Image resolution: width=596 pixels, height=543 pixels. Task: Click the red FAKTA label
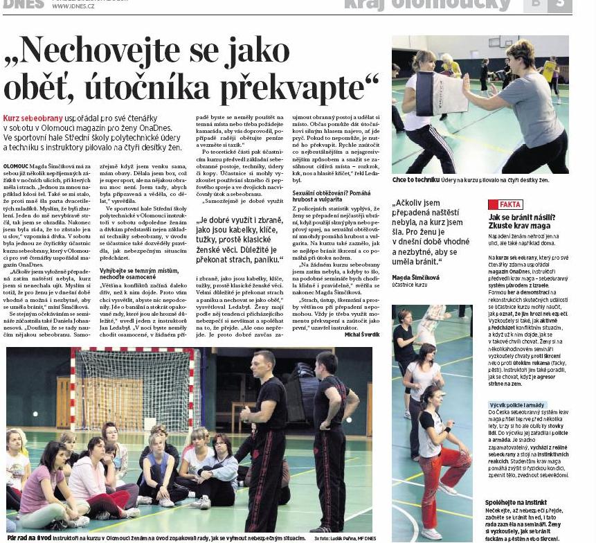coord(505,204)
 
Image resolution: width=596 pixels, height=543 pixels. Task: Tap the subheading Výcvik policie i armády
coord(516,404)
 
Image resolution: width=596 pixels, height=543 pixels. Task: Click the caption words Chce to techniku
coord(415,180)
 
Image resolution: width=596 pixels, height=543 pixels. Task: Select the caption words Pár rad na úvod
coord(27,538)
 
